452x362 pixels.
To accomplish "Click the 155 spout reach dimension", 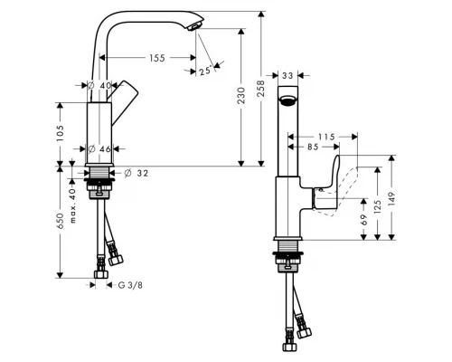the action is [157, 58].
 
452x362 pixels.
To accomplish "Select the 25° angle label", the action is [204, 71].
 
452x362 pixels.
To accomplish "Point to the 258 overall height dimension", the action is [261, 89].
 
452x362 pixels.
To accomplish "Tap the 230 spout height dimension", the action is [241, 95].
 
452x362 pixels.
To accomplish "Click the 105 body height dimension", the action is [60, 133].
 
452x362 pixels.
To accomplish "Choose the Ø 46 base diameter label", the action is [99, 148].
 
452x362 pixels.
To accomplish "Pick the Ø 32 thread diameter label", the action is [137, 173].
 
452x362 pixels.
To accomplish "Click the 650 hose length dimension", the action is [60, 221].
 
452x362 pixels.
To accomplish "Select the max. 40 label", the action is [72, 205].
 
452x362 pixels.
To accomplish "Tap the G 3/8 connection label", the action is [130, 285].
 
